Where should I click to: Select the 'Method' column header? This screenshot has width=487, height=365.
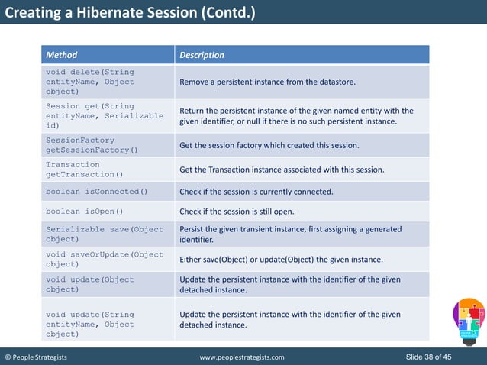[62, 55]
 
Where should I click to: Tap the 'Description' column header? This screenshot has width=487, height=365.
[202, 55]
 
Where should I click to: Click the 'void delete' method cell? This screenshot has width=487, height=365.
[89, 82]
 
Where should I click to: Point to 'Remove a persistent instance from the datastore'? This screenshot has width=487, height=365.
[267, 82]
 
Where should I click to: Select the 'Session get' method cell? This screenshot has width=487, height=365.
[104, 115]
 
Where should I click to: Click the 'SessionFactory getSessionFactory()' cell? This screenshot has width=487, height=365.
[92, 145]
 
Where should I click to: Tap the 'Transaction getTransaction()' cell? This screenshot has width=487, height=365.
[83, 170]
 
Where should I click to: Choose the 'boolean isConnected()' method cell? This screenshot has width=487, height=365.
[97, 192]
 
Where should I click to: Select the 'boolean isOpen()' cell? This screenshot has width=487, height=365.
[84, 212]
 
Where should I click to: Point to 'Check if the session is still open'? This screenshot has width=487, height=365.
[247, 212]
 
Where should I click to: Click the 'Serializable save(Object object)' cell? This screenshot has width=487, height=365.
[105, 234]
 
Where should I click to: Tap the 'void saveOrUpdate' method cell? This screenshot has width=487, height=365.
[105, 259]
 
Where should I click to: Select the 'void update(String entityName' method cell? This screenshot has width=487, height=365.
[89, 324]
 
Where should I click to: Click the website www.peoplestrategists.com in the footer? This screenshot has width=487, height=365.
[241, 357]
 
